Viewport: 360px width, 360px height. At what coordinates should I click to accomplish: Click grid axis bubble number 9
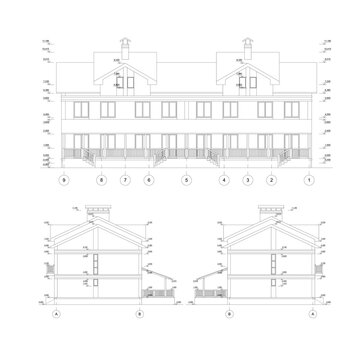point(62,179)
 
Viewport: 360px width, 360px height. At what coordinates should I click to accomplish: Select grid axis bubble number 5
point(186,179)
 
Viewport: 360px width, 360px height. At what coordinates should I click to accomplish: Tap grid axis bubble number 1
point(309,179)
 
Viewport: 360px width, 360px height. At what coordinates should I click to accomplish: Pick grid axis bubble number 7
point(125,179)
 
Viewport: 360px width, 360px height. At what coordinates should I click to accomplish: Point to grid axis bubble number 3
point(246,179)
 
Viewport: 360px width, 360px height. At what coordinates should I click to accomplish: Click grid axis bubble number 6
point(149,179)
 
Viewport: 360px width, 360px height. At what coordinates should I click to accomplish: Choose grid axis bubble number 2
point(270,179)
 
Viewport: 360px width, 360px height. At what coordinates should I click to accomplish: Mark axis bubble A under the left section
point(57,313)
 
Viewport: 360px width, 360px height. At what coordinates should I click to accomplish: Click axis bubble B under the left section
point(139,313)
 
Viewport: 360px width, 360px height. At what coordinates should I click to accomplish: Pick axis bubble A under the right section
point(312,313)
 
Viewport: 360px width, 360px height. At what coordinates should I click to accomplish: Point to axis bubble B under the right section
point(230,313)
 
